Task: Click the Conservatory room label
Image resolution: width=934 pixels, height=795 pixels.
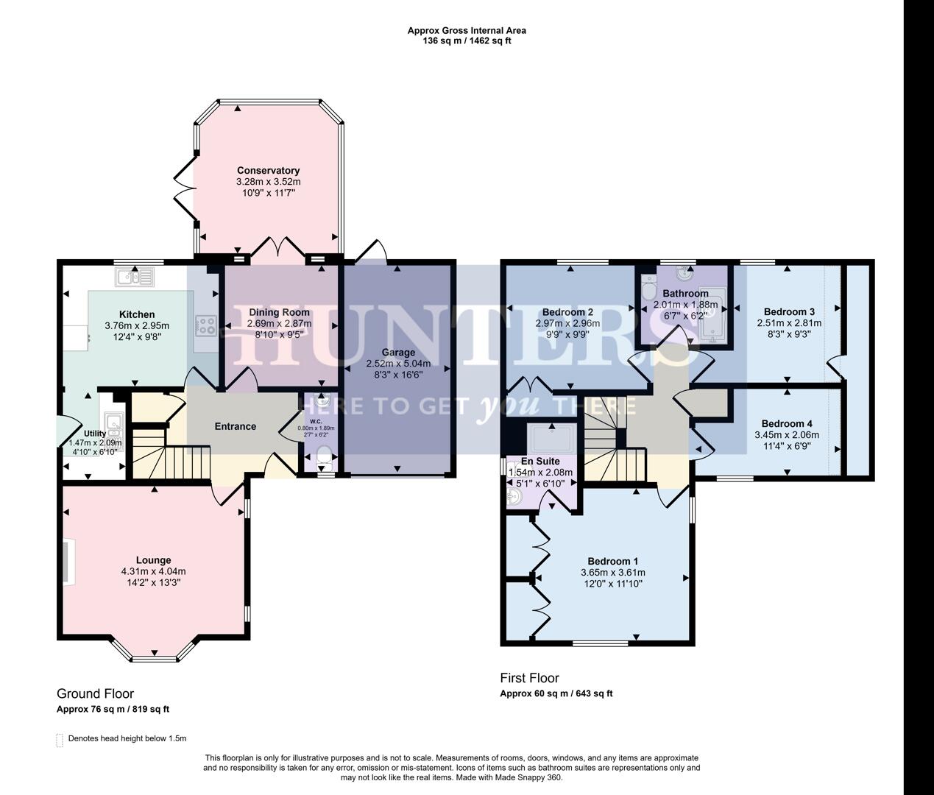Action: pos(268,171)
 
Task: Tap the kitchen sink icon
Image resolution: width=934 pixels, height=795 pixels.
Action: pos(134,277)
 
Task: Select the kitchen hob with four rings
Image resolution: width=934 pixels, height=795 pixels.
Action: pos(205,325)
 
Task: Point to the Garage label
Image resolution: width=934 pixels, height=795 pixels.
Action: pos(397,352)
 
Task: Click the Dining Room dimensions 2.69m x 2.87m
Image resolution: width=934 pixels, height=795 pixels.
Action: pos(279,323)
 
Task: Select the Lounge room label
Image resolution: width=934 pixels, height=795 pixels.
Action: pos(153,560)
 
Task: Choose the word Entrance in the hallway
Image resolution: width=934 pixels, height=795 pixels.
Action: pos(235,426)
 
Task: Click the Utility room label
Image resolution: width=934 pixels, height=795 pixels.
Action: pos(95,434)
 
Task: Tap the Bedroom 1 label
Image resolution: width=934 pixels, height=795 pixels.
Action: pos(612,561)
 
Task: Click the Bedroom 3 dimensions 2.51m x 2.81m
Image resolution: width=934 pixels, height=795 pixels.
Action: pos(789,322)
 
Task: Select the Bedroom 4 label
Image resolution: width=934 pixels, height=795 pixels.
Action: pos(787,423)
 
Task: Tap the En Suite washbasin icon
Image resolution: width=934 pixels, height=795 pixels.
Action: pos(514,497)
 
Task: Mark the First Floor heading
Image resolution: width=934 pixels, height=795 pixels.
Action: pos(529,678)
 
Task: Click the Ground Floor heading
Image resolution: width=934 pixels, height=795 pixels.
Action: pos(95,693)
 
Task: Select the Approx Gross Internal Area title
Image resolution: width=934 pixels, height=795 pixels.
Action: pos(467,31)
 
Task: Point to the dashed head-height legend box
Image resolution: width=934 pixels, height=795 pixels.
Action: pos(60,739)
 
